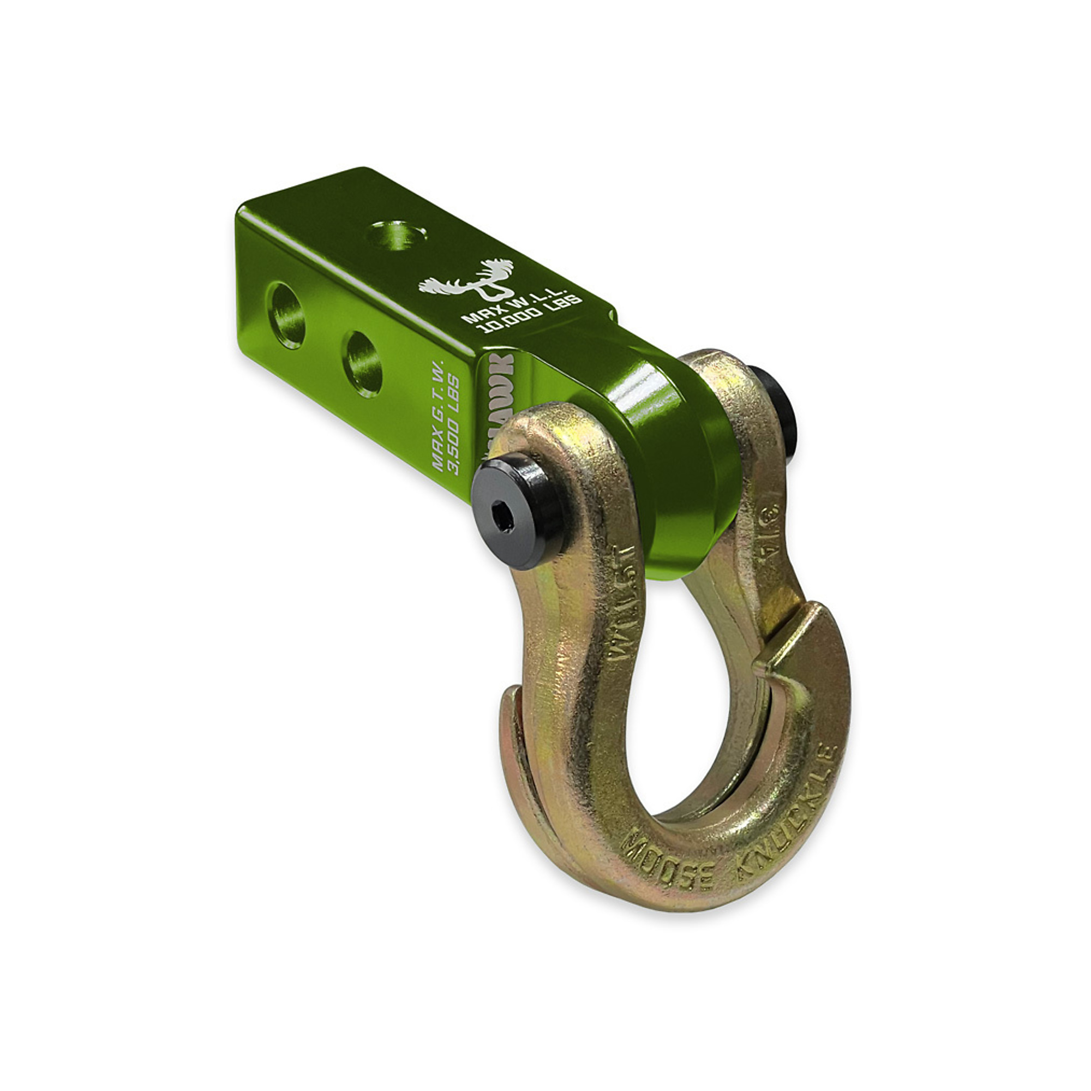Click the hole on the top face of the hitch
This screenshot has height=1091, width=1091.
[397, 235]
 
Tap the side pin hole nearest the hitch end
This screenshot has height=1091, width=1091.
[286, 316]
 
